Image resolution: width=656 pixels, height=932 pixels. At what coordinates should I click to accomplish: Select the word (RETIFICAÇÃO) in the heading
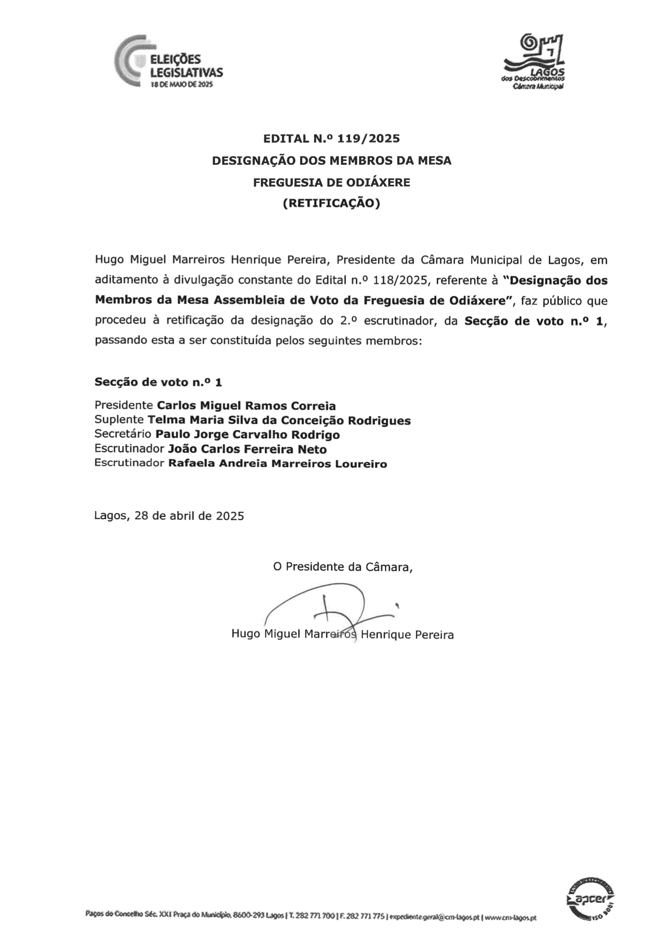(x=331, y=204)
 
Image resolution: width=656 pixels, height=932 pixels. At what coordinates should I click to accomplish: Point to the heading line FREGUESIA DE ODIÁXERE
(x=331, y=182)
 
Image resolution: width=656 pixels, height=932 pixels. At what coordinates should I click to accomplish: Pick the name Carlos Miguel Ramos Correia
(x=247, y=406)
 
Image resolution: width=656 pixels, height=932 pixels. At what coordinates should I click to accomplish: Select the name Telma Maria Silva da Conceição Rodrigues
(x=279, y=421)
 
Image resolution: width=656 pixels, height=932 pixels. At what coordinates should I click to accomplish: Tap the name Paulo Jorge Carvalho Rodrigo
(x=248, y=435)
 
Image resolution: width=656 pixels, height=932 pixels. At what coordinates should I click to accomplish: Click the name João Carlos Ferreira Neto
(x=247, y=449)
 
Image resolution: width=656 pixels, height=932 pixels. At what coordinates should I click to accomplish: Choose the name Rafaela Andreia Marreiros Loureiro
(x=277, y=464)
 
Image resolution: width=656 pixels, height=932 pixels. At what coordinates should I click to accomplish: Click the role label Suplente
(x=119, y=420)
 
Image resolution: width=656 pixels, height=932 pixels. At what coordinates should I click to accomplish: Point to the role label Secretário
(x=123, y=434)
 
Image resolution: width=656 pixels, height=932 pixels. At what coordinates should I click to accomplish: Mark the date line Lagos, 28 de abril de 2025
(x=169, y=516)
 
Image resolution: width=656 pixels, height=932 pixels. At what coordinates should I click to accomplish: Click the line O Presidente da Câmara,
(x=343, y=567)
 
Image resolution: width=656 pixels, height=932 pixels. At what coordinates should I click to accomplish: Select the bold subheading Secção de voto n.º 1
(x=158, y=382)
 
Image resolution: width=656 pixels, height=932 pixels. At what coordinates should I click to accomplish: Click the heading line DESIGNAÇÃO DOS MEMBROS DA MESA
(x=331, y=161)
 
